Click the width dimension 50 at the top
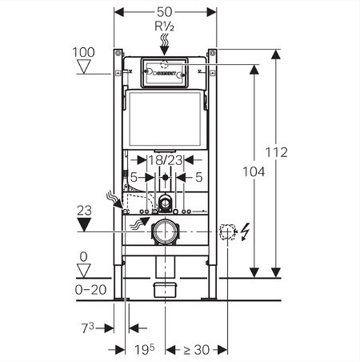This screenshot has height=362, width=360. pos(165,12)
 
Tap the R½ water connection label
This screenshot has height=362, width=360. pos(165,26)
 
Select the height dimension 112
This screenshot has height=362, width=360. pos(277,152)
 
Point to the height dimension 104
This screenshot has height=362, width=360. pos(254,171)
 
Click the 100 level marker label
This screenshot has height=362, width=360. pos(83,52)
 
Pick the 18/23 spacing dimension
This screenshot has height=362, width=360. pos(166,160)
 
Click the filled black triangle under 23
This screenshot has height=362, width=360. pos(84,224)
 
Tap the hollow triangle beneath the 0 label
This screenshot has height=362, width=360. pos(84,271)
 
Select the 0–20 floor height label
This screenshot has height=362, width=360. pos(91,290)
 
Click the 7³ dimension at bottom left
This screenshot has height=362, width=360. pos(88,328)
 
